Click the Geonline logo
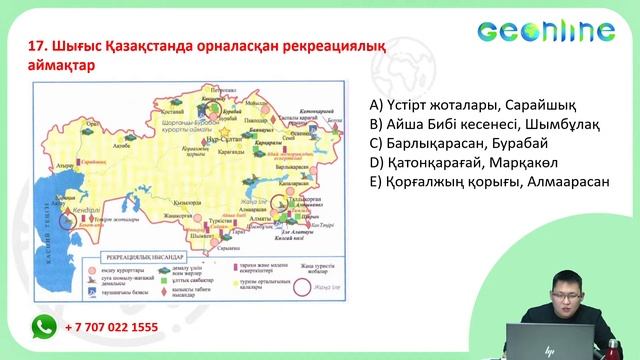coord(558,33)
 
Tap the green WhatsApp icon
coord(43,326)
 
